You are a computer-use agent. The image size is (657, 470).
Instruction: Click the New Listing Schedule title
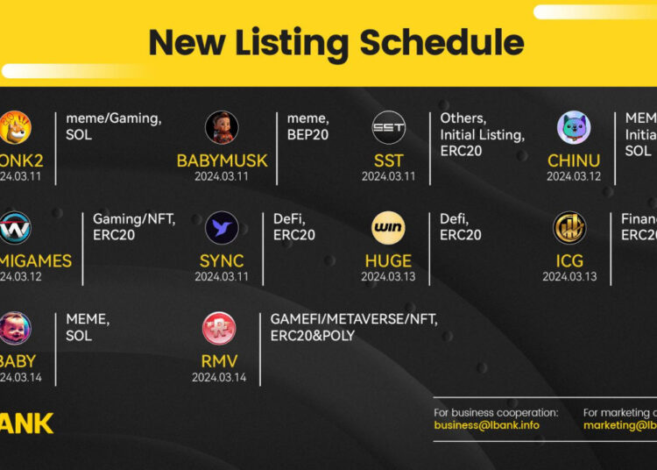point(336,42)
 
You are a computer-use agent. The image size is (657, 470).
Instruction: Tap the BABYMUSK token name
point(222,161)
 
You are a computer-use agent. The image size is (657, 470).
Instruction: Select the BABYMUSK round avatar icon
point(222,127)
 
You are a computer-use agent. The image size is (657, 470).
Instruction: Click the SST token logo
point(388,127)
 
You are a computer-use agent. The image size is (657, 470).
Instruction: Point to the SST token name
point(388,161)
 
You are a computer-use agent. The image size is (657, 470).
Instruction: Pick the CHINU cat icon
point(574,127)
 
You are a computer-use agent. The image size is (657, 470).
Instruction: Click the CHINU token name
point(574,161)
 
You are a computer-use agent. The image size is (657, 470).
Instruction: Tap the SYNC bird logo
point(222,228)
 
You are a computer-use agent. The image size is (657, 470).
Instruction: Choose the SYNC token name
point(222,261)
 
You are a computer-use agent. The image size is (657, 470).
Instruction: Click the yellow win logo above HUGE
point(388,228)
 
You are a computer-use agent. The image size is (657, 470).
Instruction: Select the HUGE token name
point(388,261)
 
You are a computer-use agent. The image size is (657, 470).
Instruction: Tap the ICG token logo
point(569,228)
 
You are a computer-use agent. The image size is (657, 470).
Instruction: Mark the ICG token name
point(569,261)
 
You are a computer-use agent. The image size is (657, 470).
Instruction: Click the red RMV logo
point(219,328)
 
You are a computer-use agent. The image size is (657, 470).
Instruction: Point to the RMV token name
point(219,361)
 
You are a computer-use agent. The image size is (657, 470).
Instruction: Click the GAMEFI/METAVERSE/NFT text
point(354,318)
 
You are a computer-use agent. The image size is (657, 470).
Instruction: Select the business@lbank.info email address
point(486,425)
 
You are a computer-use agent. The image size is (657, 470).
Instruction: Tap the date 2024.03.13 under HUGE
point(388,277)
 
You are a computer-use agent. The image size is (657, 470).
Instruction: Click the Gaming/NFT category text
point(134,218)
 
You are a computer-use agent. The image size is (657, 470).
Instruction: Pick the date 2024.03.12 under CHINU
point(574,176)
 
